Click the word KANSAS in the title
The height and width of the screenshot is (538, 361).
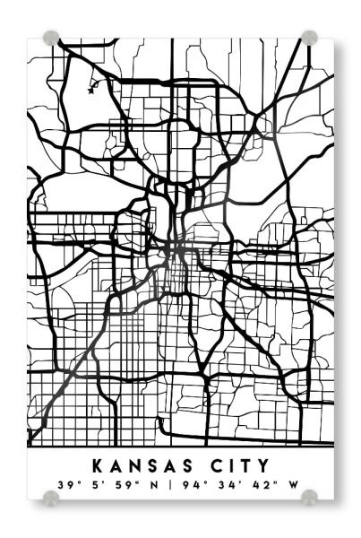click(139, 465)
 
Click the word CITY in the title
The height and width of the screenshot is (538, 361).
click(235, 465)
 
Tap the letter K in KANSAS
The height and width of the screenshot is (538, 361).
click(98, 465)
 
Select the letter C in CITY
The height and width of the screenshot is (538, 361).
click(208, 465)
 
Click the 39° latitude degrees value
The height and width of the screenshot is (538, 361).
click(64, 485)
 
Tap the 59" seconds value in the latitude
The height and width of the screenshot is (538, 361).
click(125, 485)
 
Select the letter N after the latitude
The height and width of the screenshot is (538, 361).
click(155, 485)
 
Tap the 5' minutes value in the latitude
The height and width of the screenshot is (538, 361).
click(94, 485)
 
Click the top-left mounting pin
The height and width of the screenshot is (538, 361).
click(51, 38)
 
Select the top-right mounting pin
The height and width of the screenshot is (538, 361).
click(309, 38)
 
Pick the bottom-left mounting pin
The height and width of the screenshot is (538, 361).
click(51, 497)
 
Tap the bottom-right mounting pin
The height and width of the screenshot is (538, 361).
click(309, 497)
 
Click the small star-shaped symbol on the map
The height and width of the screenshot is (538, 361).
click(91, 87)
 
